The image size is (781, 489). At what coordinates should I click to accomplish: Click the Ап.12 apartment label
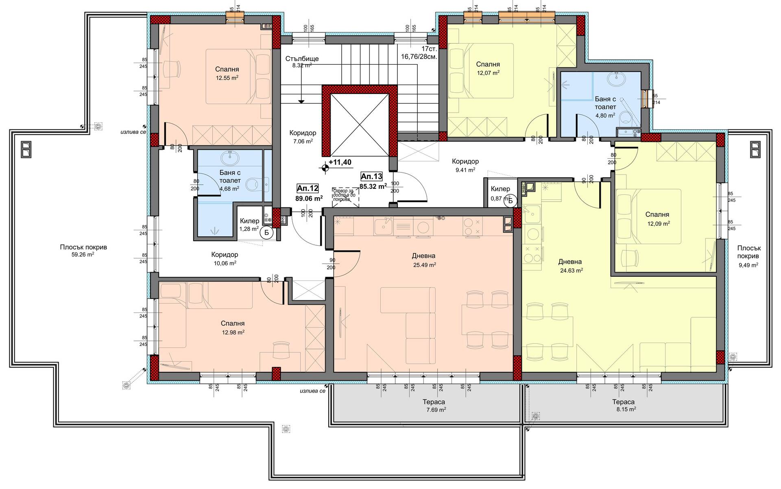(308, 188)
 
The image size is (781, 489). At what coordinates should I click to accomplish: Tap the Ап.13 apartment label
(371, 176)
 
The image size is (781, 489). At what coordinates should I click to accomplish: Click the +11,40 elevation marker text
(340, 162)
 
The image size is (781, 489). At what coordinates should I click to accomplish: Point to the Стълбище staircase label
(302, 59)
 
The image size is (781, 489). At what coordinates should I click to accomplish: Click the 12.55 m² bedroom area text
(227, 77)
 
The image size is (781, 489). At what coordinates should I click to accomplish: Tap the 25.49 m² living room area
(424, 264)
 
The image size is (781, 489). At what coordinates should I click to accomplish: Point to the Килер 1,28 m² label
(249, 224)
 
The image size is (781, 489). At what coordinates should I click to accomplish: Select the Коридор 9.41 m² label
(465, 165)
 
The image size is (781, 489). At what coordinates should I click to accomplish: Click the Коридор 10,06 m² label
(225, 258)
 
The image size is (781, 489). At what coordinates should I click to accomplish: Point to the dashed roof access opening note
(345, 195)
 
